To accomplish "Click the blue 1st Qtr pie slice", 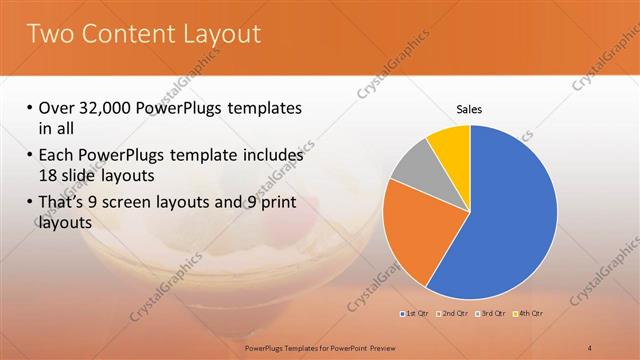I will (x=500, y=220).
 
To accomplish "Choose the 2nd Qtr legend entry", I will (x=453, y=314).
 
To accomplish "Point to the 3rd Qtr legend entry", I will (x=491, y=314).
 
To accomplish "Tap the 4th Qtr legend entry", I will (x=529, y=314).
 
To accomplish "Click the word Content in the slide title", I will (x=125, y=33).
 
